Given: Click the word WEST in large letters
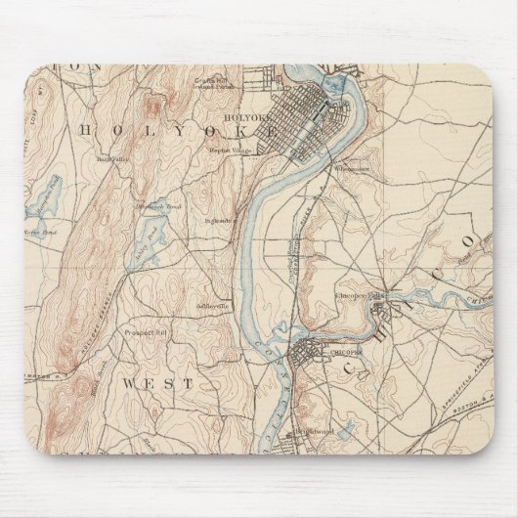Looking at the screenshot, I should [x=157, y=384].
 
